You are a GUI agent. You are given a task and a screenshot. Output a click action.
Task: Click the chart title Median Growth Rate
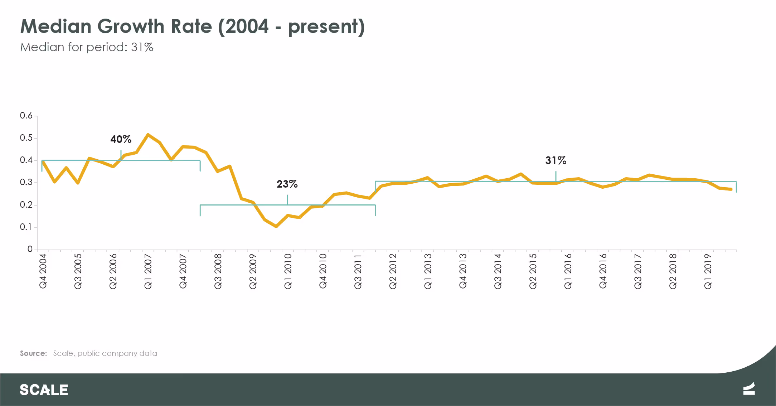tap(193, 27)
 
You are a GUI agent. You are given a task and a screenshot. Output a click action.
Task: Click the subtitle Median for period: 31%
tap(87, 47)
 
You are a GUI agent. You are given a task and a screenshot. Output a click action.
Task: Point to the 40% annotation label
tap(121, 139)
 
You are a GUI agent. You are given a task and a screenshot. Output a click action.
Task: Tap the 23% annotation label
tap(287, 184)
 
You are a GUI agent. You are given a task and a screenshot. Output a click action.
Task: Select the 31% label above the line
tap(556, 160)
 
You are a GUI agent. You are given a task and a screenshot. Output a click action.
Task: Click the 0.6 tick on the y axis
tap(26, 116)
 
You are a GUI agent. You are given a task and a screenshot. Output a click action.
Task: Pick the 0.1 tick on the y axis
tap(26, 227)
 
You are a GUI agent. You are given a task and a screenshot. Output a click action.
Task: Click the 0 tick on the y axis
tap(30, 249)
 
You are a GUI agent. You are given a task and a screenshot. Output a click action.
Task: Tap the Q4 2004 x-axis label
tap(43, 271)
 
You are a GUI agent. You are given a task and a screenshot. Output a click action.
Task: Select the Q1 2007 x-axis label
tap(148, 271)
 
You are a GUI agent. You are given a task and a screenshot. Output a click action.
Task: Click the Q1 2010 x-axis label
tap(288, 271)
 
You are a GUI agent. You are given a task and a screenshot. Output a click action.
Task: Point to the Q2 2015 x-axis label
tap(533, 271)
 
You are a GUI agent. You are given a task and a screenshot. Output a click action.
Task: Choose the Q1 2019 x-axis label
tap(708, 271)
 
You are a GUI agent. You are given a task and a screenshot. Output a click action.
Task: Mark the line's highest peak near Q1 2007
tap(148, 135)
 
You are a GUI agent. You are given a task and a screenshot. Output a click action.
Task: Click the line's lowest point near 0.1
tap(276, 226)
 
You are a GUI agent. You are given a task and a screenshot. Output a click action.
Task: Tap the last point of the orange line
tap(731, 189)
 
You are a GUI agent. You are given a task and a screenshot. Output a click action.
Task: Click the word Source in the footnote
tap(33, 353)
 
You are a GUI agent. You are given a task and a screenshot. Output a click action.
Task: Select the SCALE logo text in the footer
tap(44, 390)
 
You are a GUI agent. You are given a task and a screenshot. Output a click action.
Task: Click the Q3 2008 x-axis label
tap(218, 271)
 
